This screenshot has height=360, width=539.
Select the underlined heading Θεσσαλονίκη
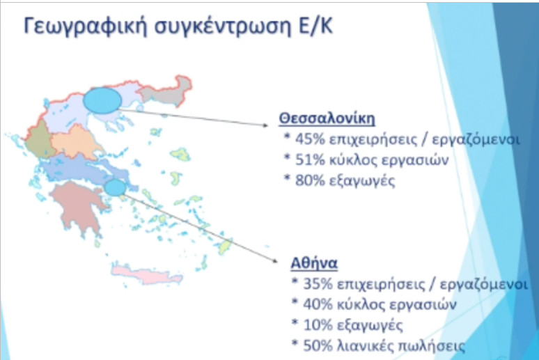[327, 118]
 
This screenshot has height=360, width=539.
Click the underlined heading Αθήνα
[314, 264]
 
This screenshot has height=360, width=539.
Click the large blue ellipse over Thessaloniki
[102, 100]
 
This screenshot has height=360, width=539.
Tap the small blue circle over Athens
[115, 188]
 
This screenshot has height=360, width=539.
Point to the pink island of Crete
[147, 274]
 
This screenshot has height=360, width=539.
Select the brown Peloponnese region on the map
[79, 206]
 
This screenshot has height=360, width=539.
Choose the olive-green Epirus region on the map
[40, 141]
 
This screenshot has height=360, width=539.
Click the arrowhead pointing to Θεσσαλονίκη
[265, 125]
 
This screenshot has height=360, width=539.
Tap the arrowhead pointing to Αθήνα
[274, 260]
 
